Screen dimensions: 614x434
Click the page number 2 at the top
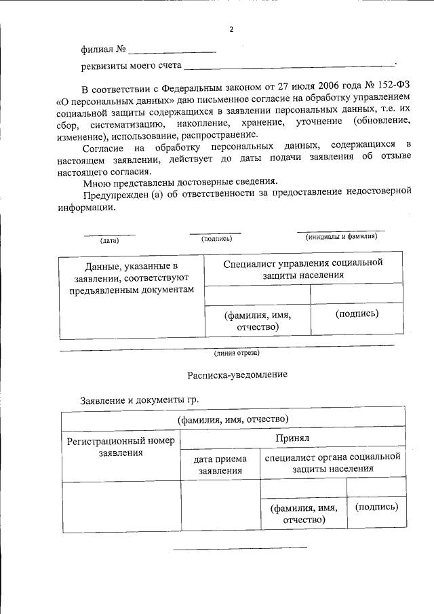(x=231, y=30)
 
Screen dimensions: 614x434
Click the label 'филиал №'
(x=102, y=50)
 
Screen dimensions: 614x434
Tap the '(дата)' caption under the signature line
(x=109, y=240)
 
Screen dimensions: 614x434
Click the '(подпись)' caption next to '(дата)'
(x=216, y=238)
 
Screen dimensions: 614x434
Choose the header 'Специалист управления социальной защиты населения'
(x=303, y=269)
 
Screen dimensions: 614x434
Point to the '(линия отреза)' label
(x=236, y=352)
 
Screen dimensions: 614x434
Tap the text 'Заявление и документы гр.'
(x=140, y=400)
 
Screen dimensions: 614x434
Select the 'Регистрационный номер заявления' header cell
(x=121, y=446)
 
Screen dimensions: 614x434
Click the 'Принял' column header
(x=292, y=439)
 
